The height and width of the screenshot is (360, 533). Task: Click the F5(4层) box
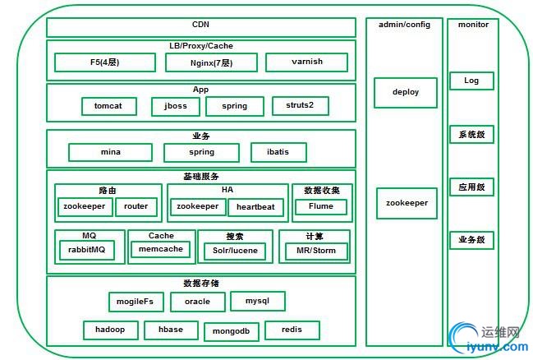point(104,62)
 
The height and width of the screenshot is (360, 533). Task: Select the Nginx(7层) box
point(211,62)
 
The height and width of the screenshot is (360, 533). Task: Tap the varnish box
point(306,62)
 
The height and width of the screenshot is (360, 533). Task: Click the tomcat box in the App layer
point(108,106)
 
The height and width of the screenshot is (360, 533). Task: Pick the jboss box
point(175,106)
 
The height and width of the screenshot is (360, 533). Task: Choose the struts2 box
point(300,105)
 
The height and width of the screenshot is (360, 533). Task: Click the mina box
point(110,152)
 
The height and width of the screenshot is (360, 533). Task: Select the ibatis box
point(278,152)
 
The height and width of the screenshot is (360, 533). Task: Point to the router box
point(136,207)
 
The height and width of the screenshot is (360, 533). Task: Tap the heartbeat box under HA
point(255,207)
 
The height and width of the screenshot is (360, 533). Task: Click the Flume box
point(321,207)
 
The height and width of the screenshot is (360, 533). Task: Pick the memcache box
point(160,249)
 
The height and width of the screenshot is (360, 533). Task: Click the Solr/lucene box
point(236,250)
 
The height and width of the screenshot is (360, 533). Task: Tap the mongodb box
point(231,330)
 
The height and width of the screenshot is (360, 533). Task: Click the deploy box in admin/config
point(406,92)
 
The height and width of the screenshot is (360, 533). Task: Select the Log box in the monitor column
point(471,81)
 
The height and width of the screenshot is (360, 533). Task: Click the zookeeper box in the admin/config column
point(406,203)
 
